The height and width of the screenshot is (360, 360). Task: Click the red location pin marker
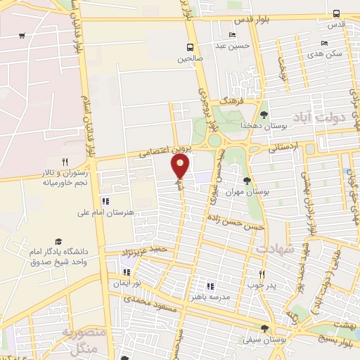pos(181,166)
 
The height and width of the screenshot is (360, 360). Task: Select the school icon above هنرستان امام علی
pos(105,201)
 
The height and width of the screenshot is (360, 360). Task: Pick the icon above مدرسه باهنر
pos(210,286)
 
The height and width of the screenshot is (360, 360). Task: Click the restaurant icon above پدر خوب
pos(262,275)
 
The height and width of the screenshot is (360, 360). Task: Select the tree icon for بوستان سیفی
pos(264,328)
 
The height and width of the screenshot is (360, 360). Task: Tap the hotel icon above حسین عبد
pos(233,36)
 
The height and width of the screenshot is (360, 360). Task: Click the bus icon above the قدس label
pos(335,13)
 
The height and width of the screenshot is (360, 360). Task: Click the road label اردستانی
pos(284,147)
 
